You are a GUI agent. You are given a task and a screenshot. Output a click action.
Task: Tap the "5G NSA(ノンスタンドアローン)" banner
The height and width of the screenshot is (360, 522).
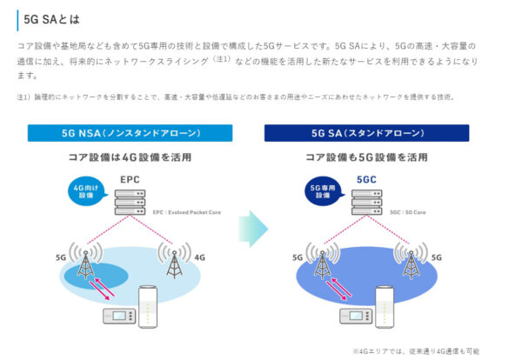(130, 134)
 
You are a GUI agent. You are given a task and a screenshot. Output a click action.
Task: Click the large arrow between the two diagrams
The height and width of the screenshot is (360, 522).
(251, 228)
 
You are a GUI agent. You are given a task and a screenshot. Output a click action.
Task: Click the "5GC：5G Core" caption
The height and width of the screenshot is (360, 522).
(407, 211)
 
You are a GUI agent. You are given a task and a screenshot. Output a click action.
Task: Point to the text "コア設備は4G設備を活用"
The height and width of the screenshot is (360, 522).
(130, 157)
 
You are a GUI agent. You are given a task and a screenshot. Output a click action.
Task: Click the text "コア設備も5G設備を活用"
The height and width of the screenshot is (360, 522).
(366, 157)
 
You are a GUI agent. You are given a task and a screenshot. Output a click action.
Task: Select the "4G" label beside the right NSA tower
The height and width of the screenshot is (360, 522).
(199, 257)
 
